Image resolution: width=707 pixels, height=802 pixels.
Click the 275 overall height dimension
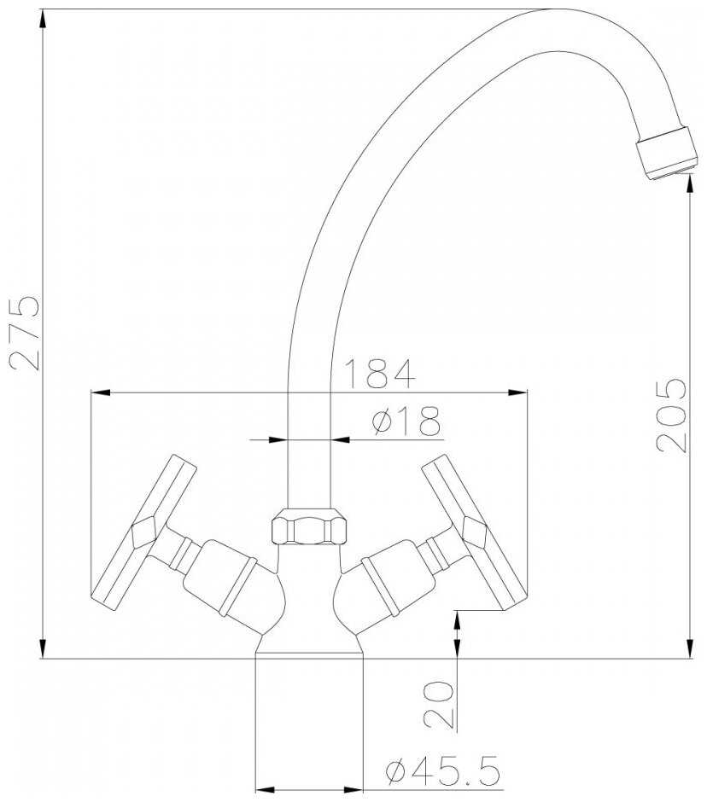[x=24, y=332]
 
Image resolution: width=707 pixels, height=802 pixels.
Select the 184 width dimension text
[x=379, y=374]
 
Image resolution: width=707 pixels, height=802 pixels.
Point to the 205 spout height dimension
[x=671, y=415]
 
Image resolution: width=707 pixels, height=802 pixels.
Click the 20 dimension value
[x=439, y=704]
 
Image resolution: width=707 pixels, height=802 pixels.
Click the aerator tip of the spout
[x=667, y=153]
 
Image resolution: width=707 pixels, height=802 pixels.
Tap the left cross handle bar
[x=143, y=532]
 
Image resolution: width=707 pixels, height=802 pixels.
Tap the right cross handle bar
[x=475, y=532]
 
